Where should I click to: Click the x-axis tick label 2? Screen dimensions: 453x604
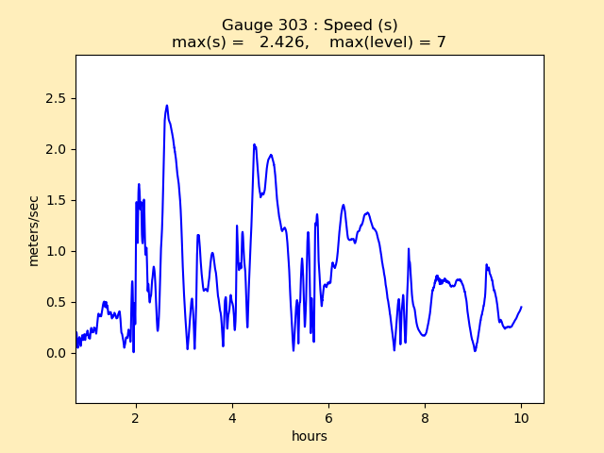click(136, 417)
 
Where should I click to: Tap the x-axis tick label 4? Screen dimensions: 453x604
click(232, 417)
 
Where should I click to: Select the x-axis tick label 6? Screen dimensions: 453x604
click(328, 417)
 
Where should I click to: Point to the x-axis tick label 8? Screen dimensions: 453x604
click(425, 417)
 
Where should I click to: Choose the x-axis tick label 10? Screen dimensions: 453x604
click(521, 417)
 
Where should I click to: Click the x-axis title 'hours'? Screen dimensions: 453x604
click(310, 436)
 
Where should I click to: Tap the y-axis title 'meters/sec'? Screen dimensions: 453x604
click(34, 230)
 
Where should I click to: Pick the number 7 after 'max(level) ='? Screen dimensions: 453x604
click(441, 42)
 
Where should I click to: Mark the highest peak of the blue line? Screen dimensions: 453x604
click(167, 106)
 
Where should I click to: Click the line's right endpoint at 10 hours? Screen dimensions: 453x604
click(521, 307)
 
